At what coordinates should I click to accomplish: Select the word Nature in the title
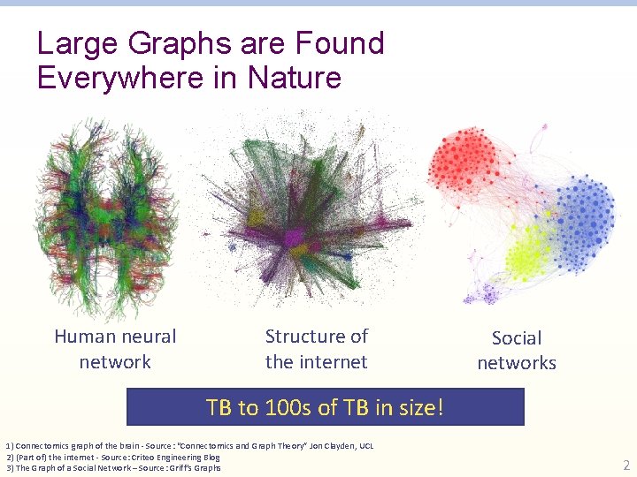[295, 78]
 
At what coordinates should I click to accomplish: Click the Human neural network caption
[115, 349]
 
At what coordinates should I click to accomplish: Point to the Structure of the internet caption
[316, 349]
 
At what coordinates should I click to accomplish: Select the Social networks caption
[517, 350]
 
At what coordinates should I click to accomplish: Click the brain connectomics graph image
[115, 216]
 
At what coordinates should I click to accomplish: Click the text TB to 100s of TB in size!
[325, 407]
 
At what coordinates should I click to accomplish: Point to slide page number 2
[625, 466]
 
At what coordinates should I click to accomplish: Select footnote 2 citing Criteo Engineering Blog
[113, 457]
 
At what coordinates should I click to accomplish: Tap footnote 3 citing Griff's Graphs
[113, 467]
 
